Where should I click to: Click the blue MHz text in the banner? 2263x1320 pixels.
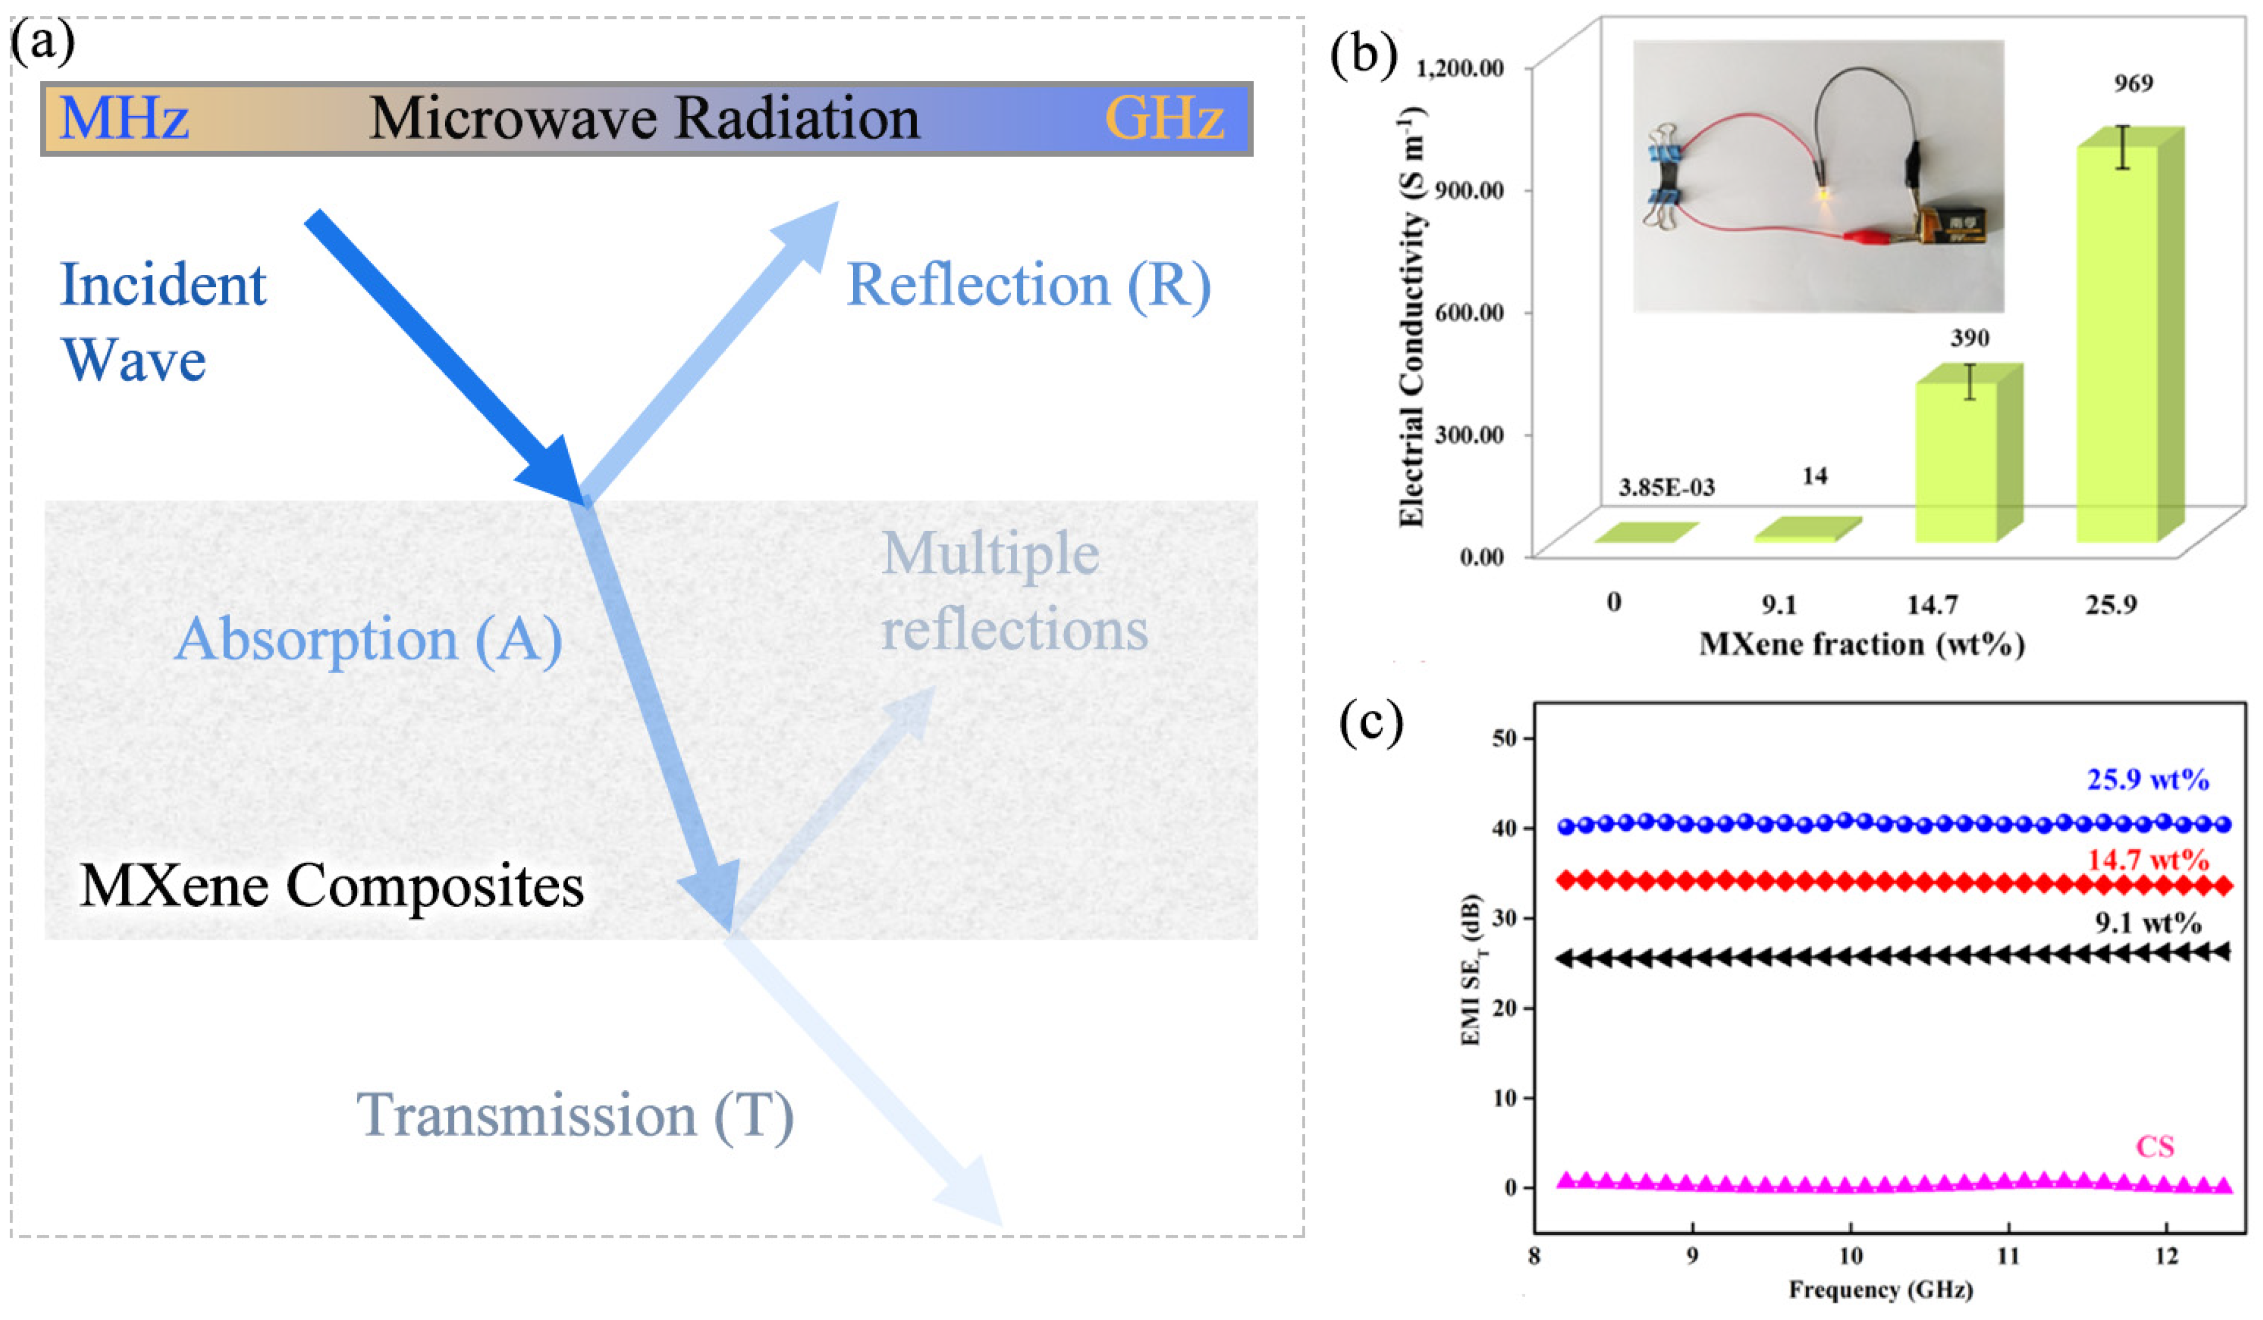(124, 118)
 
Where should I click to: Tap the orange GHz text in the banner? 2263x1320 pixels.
(1164, 118)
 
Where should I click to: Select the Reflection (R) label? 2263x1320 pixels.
(1028, 286)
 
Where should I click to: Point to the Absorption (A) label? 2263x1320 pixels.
(368, 639)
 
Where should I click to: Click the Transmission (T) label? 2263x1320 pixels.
(575, 1115)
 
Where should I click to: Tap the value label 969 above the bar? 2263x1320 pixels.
(2133, 83)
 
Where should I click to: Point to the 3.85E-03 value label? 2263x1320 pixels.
(1666, 487)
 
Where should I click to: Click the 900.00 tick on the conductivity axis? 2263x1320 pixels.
(1468, 190)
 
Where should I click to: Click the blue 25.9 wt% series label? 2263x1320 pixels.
(2147, 779)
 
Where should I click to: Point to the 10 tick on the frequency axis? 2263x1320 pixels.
(1850, 1255)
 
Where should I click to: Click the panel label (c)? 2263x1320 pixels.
(1370, 721)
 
